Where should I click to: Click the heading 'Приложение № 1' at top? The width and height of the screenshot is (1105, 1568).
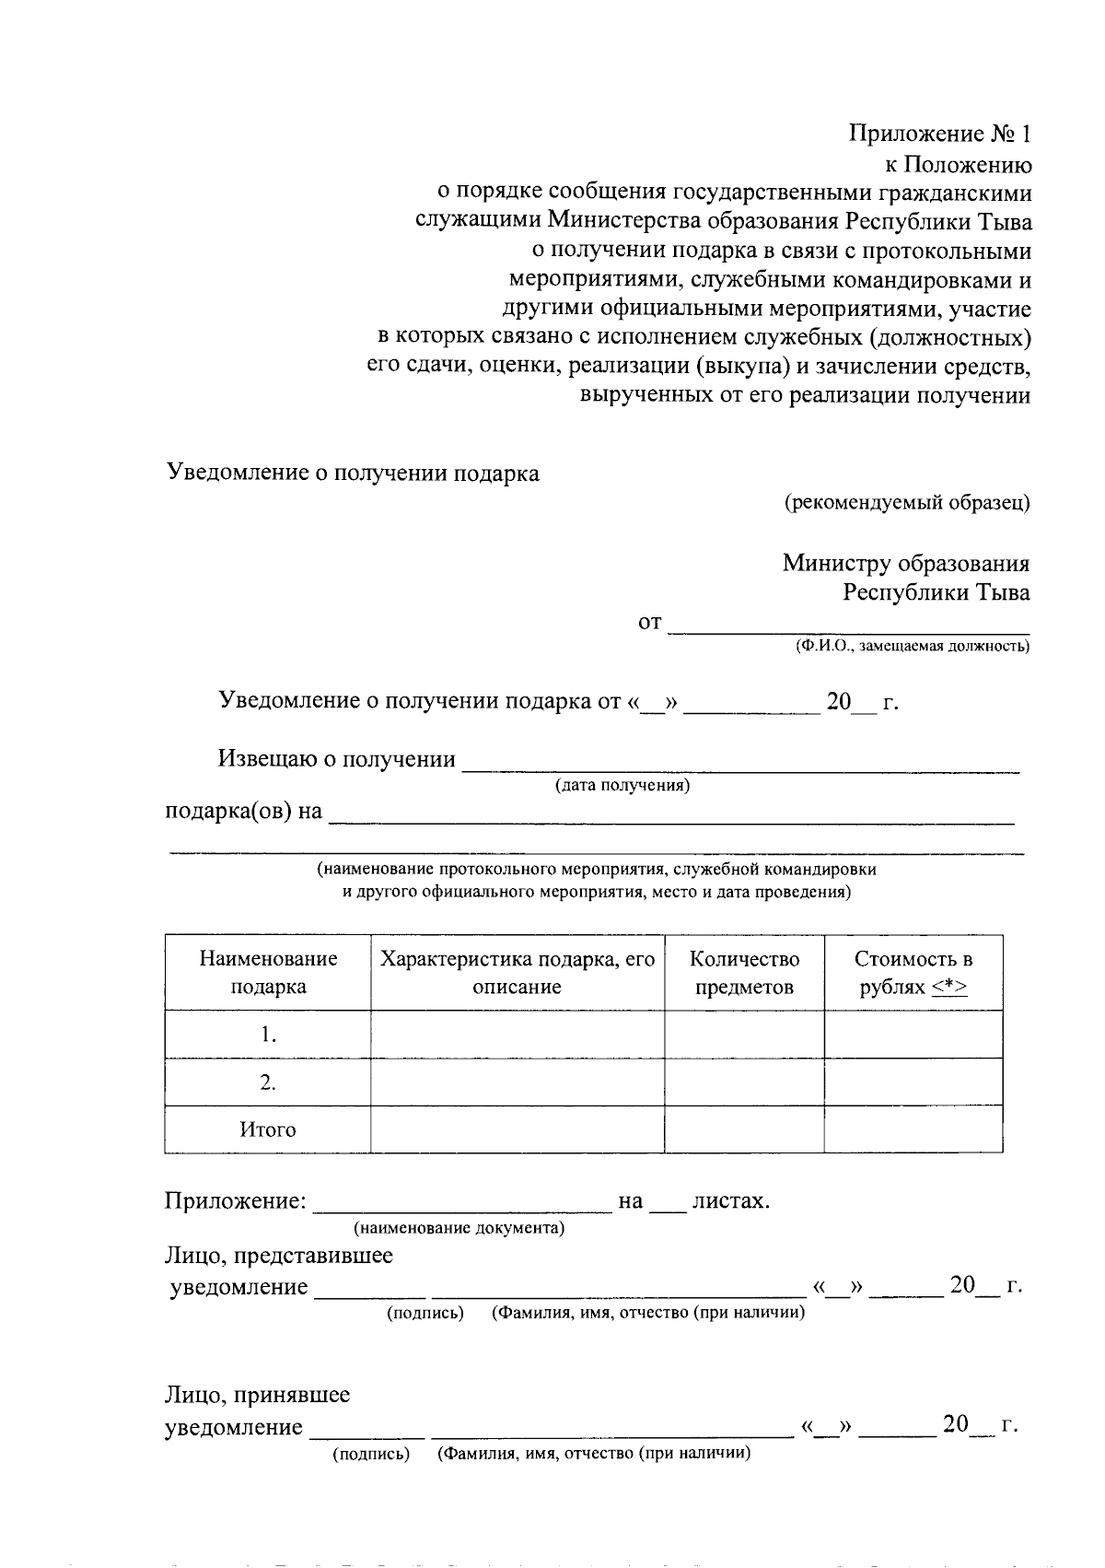click(938, 135)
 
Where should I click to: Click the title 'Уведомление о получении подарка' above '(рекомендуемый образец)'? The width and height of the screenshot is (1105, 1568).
click(353, 474)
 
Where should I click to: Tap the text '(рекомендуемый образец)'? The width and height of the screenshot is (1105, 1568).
click(906, 503)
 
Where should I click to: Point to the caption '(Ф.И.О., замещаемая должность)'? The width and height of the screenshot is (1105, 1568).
click(913, 647)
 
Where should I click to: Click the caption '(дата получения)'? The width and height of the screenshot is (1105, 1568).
click(622, 785)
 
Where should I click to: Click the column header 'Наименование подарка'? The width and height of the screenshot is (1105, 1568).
click(268, 973)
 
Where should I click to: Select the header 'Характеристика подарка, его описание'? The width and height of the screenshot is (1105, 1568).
click(517, 973)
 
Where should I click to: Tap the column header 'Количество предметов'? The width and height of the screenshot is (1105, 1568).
click(744, 973)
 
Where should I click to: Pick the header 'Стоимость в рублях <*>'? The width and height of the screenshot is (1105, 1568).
click(913, 973)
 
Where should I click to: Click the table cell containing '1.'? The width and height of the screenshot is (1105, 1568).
click(268, 1035)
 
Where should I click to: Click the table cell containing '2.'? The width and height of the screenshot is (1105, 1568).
click(268, 1082)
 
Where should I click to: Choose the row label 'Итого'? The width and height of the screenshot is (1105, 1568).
click(268, 1129)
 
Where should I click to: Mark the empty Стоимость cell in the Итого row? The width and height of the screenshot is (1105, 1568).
click(913, 1129)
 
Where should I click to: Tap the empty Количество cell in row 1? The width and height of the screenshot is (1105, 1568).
click(744, 1035)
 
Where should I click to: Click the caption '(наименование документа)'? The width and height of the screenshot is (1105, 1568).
click(459, 1228)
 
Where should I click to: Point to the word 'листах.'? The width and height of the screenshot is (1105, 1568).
click(730, 1201)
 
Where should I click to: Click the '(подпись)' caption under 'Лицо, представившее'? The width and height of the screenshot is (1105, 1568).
click(425, 1313)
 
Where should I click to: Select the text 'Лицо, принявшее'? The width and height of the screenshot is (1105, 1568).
click(257, 1395)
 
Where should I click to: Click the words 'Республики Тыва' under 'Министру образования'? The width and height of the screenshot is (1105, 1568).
click(936, 592)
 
